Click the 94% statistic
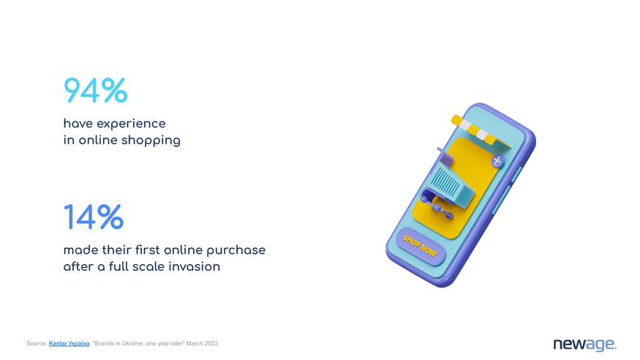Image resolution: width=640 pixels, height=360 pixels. tap(96, 90)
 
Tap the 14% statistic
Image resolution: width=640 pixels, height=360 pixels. tap(94, 217)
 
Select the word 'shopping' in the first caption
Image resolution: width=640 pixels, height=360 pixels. tap(151, 140)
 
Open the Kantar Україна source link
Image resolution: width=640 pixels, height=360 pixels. tap(69, 344)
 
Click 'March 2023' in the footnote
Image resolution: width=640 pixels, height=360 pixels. tap(202, 344)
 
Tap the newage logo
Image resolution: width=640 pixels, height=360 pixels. tap(585, 345)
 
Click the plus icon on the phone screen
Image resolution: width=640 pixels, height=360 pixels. tap(497, 161)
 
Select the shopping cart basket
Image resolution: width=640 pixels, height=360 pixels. tap(452, 187)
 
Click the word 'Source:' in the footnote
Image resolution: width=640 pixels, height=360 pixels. tap(37, 344)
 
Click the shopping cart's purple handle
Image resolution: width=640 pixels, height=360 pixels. tap(445, 157)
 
